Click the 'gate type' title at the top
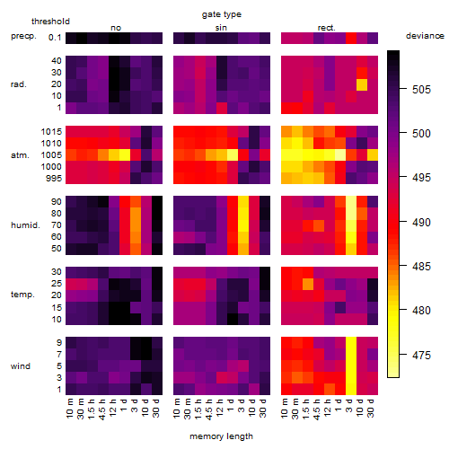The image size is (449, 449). pos(222,14)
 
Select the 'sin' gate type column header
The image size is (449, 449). pos(221,28)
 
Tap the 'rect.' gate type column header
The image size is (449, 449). pos(326,28)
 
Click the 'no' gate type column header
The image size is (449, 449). pos(116,28)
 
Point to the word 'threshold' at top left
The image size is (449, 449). pos(50,22)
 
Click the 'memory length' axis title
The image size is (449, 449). pos(221,436)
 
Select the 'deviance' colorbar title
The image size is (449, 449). pos(425,36)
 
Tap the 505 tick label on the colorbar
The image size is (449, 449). pos(421,89)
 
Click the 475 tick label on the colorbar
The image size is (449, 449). pos(421,355)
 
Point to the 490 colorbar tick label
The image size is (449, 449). pos(421,222)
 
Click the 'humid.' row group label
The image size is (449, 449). pos(25,225)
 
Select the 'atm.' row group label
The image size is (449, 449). pos(20,155)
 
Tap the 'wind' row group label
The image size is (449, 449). pos(21,366)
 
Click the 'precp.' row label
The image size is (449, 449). pos(23,36)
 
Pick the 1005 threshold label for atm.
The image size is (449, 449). pos(51,155)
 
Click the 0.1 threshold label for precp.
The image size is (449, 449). pos(55,38)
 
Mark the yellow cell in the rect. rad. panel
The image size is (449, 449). pos(362,84)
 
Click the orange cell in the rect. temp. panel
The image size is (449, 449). pos(308,284)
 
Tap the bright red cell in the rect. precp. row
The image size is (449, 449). pos(351,38)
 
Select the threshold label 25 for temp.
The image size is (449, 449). pos(57,283)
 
